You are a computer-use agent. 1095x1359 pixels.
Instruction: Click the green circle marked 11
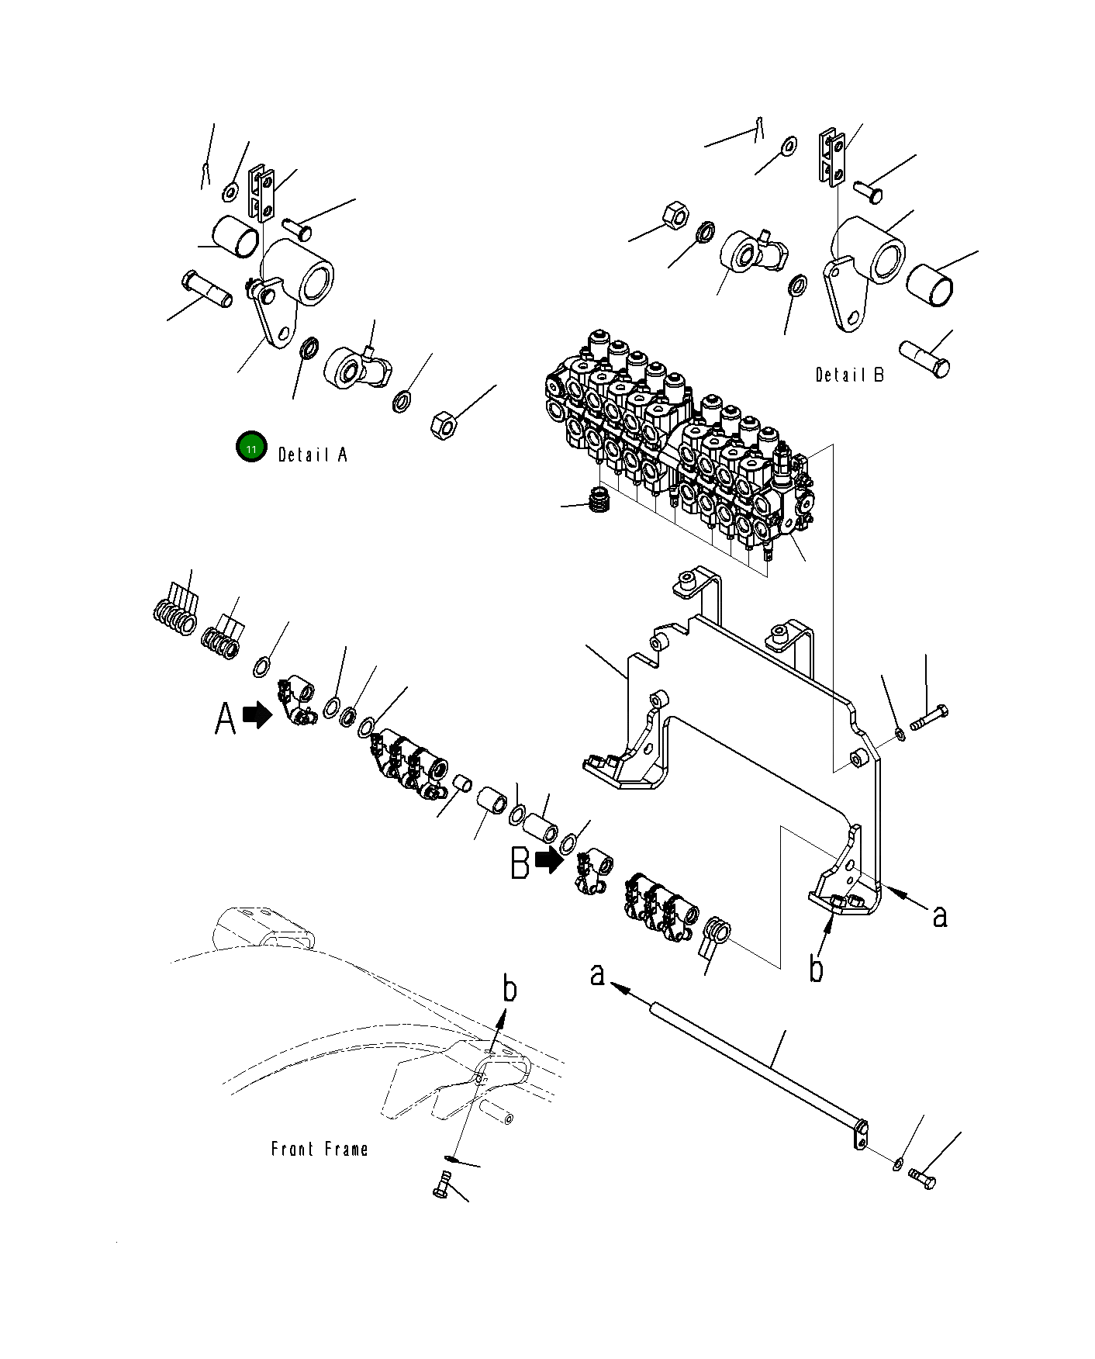(251, 448)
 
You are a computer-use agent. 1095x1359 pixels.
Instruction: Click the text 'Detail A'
(313, 455)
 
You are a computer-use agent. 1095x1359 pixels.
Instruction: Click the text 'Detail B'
(849, 375)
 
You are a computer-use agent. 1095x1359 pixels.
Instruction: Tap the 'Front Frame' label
(320, 1149)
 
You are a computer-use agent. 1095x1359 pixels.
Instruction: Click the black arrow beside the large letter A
(257, 714)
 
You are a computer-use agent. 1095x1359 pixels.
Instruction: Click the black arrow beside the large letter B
(549, 859)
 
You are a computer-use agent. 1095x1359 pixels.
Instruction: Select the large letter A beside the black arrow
(225, 718)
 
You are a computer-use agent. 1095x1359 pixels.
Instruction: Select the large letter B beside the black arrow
(520, 863)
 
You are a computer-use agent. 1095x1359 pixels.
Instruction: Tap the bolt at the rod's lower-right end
(922, 1179)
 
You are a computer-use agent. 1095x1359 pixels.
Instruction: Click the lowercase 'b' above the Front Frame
(510, 989)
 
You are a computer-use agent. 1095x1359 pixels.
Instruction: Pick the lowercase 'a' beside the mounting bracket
(940, 916)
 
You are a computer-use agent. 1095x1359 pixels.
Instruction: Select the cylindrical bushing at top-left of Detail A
(234, 236)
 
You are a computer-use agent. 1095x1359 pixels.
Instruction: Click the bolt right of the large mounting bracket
(928, 717)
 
